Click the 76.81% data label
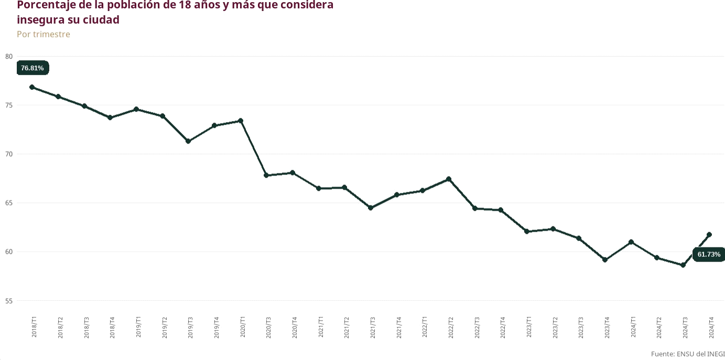coord(33,68)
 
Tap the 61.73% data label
coord(709,255)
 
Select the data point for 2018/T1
coord(32,87)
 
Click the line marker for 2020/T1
coord(241,121)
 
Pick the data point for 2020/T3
coord(266,175)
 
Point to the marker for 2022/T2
coord(449,179)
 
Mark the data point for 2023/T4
coord(605,259)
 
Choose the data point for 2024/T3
coord(683,265)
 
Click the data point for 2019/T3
coord(188,141)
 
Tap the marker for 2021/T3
coord(371,208)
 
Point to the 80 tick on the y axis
coord(8,57)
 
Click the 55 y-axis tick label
coord(8,301)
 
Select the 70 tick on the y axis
coord(8,154)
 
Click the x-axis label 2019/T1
coord(138,326)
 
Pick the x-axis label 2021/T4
coord(399,326)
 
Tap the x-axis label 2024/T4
coord(711,326)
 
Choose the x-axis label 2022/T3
coord(477,326)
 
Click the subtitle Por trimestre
coord(44,35)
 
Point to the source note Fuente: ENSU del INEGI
coord(688,354)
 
